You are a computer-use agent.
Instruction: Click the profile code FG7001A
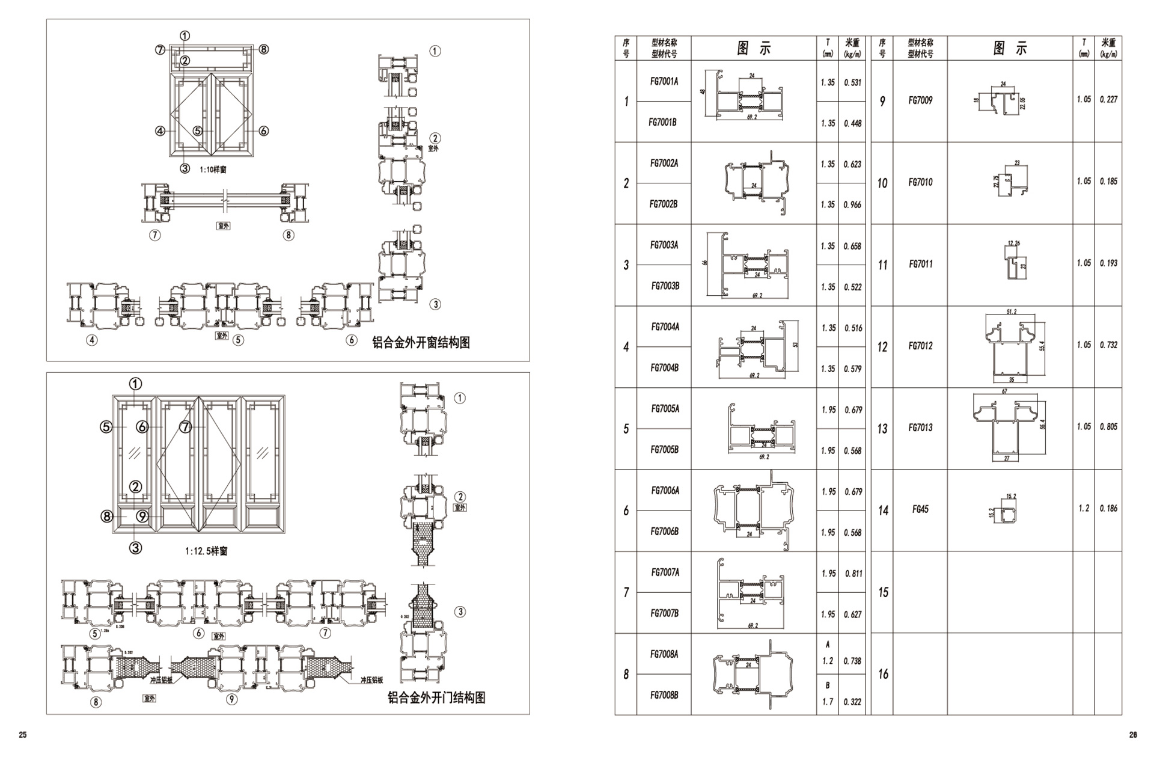pyautogui.click(x=664, y=81)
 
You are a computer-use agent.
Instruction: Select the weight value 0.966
pyautogui.click(x=852, y=204)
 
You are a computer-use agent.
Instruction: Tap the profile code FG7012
pyautogui.click(x=920, y=346)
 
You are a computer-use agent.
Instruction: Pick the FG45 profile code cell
pyautogui.click(x=920, y=509)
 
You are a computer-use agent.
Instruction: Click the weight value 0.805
pyautogui.click(x=1108, y=427)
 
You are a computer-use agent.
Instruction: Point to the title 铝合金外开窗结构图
pyautogui.click(x=421, y=343)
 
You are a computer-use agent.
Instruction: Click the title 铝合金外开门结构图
pyautogui.click(x=436, y=697)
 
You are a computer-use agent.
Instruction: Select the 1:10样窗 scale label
pyautogui.click(x=213, y=170)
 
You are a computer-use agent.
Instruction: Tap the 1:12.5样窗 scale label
pyautogui.click(x=206, y=551)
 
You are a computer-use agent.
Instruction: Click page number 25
pyautogui.click(x=23, y=735)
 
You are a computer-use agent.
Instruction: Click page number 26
pyautogui.click(x=1133, y=735)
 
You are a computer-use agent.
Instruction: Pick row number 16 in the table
pyautogui.click(x=882, y=674)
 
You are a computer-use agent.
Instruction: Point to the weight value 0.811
pyautogui.click(x=853, y=574)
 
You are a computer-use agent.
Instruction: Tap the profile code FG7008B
pyautogui.click(x=664, y=695)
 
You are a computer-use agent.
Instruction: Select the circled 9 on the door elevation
pyautogui.click(x=142, y=516)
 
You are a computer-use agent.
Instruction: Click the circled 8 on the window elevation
pyautogui.click(x=263, y=49)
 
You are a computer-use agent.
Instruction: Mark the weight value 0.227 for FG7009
pyautogui.click(x=1108, y=100)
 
